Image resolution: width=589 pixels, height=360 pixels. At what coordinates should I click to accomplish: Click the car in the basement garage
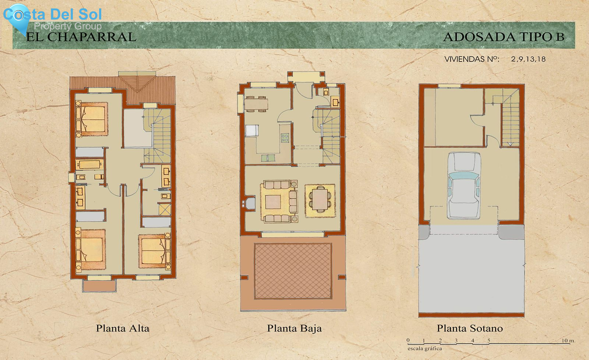[x=464, y=185]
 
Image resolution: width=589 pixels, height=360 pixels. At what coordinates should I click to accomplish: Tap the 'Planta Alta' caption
[x=122, y=328]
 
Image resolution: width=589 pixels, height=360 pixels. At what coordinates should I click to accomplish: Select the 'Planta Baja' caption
[x=294, y=328]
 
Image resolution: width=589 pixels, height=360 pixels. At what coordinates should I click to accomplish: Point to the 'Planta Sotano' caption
[x=470, y=328]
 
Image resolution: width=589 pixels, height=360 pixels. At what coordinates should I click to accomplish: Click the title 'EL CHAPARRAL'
[x=81, y=37]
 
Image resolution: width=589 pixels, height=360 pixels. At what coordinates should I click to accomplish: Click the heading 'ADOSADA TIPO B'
[x=504, y=37]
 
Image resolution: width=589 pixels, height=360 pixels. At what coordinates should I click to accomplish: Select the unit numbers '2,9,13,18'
[x=528, y=59]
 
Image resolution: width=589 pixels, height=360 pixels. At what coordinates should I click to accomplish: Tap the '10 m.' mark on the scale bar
[x=568, y=341]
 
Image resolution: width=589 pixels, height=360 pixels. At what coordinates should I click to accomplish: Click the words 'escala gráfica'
[x=424, y=349]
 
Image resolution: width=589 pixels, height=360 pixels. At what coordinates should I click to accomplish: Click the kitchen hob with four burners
[x=285, y=138]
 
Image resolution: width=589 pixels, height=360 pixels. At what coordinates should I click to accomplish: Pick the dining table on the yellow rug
[x=320, y=200]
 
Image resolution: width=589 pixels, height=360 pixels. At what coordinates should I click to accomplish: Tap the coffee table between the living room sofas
[x=273, y=202]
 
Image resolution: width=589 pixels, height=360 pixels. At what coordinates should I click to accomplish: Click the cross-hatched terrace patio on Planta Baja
[x=293, y=271]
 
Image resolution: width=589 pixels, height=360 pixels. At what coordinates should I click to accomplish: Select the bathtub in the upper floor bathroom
[x=89, y=164]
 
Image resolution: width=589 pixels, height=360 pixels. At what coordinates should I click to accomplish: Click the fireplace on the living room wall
[x=249, y=203]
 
